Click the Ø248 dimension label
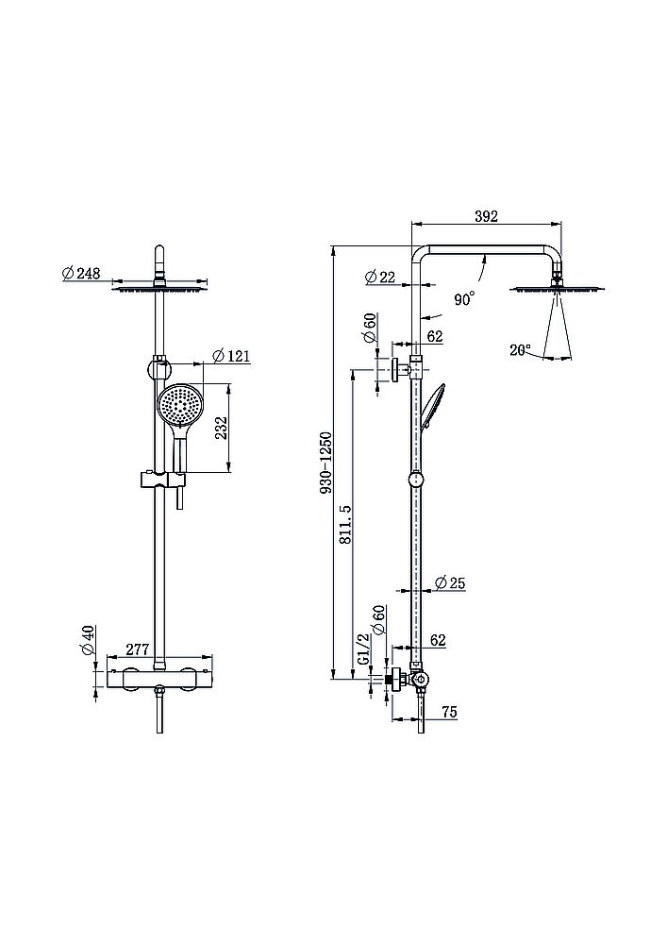[81, 273]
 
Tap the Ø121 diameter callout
[231, 356]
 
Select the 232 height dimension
[222, 428]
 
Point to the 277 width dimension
[138, 649]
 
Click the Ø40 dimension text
[87, 640]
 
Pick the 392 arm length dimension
[486, 216]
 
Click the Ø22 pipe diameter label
[381, 277]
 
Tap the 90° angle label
[464, 298]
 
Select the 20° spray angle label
[521, 349]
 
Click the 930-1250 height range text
[325, 463]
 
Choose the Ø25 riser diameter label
[450, 582]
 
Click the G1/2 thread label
[362, 649]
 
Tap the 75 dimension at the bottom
[449, 711]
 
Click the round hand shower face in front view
[180, 404]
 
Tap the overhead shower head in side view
[557, 290]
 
